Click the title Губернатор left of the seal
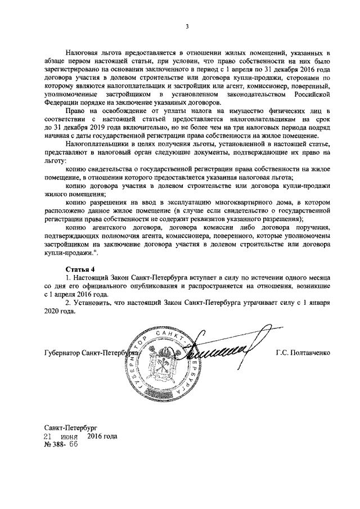coord(61,353)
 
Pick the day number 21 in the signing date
coord(49,436)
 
